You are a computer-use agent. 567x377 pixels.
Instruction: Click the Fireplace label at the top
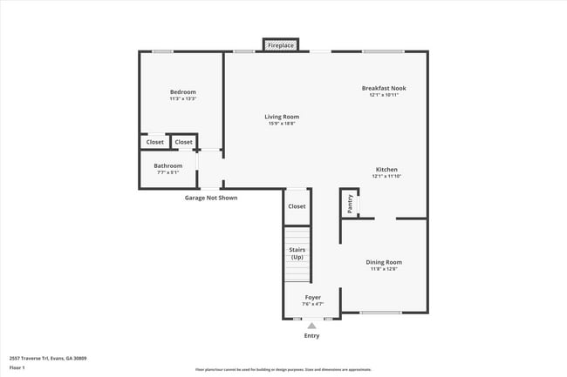(x=281, y=44)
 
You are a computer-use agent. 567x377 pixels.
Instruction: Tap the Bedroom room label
(x=182, y=92)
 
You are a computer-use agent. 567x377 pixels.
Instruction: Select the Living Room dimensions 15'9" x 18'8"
(x=283, y=124)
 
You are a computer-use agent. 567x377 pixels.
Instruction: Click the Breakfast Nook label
(x=384, y=88)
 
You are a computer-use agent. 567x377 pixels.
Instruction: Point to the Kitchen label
(x=386, y=169)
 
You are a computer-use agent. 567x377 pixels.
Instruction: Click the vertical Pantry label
(x=350, y=204)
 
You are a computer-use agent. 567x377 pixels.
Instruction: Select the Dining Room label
(x=384, y=261)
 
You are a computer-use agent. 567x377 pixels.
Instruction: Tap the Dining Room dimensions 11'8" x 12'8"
(x=384, y=268)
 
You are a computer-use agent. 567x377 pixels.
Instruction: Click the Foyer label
(x=312, y=297)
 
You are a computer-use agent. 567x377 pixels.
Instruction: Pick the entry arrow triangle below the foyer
(x=311, y=326)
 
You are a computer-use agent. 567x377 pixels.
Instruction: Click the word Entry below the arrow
(x=311, y=336)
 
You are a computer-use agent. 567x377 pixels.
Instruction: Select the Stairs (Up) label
(x=297, y=253)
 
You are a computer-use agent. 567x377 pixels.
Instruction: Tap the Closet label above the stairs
(x=297, y=206)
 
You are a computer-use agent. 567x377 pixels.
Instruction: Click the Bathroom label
(x=168, y=165)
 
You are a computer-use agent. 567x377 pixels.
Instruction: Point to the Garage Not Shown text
(x=210, y=198)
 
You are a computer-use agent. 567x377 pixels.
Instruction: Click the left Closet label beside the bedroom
(x=154, y=142)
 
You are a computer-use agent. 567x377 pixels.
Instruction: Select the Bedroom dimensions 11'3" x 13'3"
(x=182, y=99)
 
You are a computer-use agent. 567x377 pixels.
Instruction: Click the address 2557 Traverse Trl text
(x=47, y=358)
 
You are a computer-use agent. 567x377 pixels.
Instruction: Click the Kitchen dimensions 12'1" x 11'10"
(x=386, y=176)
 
